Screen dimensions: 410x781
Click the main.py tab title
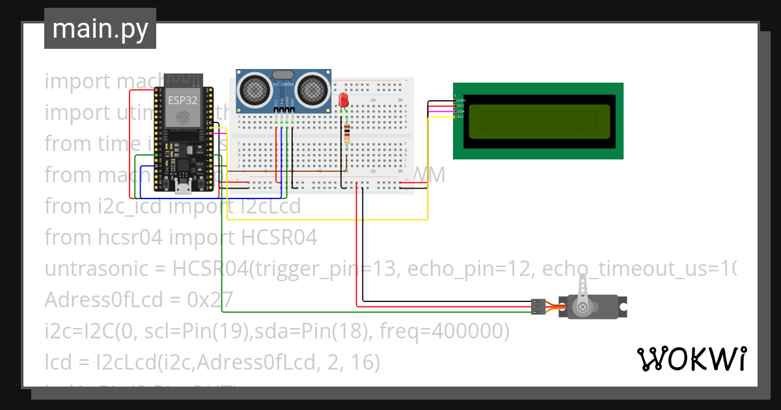(100, 29)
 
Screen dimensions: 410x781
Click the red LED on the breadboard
(344, 100)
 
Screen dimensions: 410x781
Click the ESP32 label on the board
(181, 100)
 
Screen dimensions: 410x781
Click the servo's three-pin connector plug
(538, 306)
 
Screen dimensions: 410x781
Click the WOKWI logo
(691, 359)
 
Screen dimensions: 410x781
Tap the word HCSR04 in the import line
(279, 238)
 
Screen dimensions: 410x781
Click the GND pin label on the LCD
(461, 100)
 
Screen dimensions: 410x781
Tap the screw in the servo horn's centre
(583, 307)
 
